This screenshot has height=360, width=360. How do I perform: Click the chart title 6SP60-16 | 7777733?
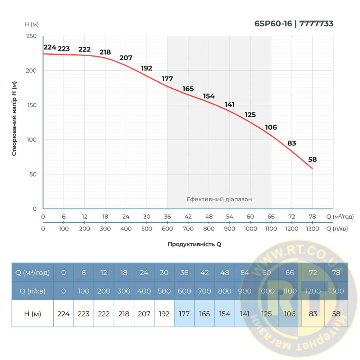pos(294,24)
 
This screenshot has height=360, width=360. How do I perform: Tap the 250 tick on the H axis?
pos(33,36)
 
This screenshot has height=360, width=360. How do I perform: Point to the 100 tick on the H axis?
pos(33,140)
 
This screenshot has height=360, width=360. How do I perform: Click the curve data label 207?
pos(126,58)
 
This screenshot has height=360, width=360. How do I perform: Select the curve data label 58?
pos(312,159)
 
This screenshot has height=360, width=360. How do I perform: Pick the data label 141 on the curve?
pos(230,105)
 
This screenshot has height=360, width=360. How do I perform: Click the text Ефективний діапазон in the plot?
pos(219,199)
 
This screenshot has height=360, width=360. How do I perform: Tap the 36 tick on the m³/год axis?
pos(167,217)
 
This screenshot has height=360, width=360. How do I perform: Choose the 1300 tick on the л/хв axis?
pos(312,229)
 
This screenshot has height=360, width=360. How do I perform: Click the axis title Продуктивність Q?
pos(194,244)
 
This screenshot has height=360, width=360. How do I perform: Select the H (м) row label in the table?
pos(32,314)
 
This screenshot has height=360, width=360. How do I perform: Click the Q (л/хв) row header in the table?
pos(32,291)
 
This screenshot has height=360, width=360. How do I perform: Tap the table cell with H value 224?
pos(63,314)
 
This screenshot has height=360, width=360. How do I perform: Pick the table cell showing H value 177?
pos(184,314)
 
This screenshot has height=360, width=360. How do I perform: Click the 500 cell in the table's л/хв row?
pos(164,291)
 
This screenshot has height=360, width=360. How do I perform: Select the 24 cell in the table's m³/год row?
pos(144,273)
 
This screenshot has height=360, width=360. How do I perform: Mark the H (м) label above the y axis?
pos(31,24)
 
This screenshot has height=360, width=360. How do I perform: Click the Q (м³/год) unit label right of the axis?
pos(340,217)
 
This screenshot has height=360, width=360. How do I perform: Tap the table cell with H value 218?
pos(124,314)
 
